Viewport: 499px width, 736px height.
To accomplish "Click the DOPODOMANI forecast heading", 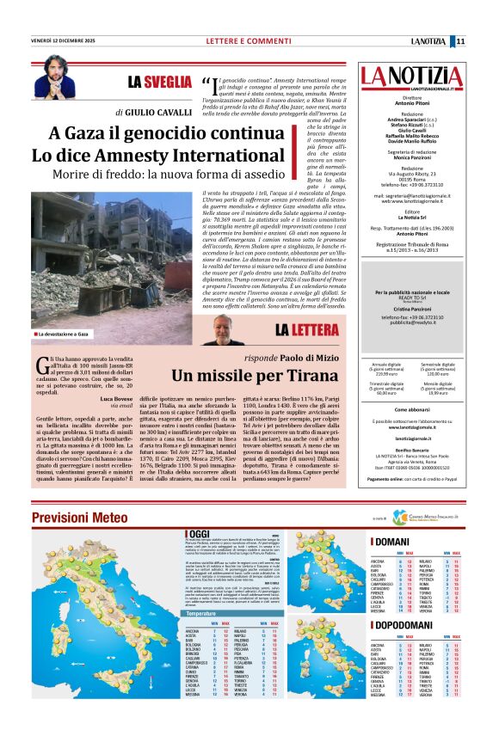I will [x=404, y=641].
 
